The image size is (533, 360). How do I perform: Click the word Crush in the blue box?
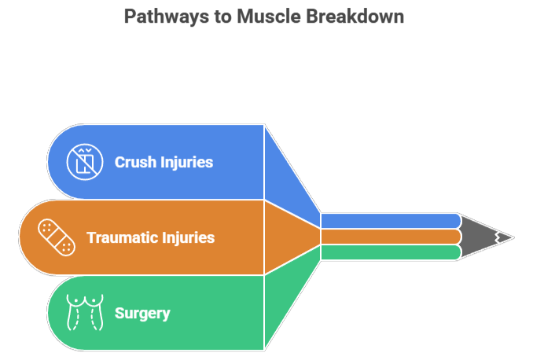click(x=135, y=163)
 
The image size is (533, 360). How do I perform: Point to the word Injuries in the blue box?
click(x=186, y=163)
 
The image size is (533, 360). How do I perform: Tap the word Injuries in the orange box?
click(x=188, y=237)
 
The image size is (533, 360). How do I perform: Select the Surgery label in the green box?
click(x=142, y=314)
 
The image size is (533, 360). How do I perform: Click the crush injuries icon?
click(x=83, y=162)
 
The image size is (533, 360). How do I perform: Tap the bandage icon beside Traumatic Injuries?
click(x=56, y=237)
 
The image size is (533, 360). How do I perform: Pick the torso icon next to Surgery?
click(x=83, y=312)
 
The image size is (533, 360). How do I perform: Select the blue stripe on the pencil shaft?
click(x=389, y=220)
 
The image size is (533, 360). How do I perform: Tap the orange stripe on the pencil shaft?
click(x=389, y=237)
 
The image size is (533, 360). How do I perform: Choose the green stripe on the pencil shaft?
click(x=389, y=252)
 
